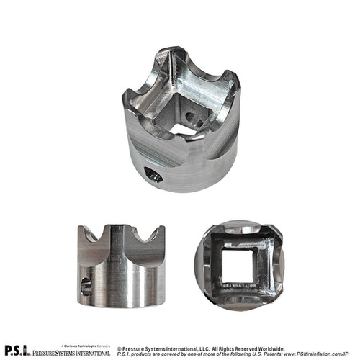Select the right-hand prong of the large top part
[229, 79]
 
